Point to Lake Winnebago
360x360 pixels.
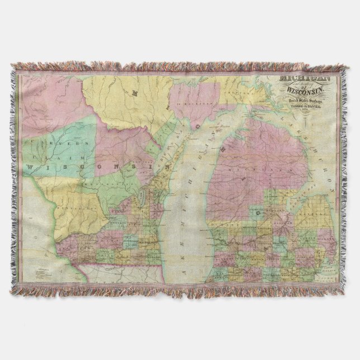(143, 197)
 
